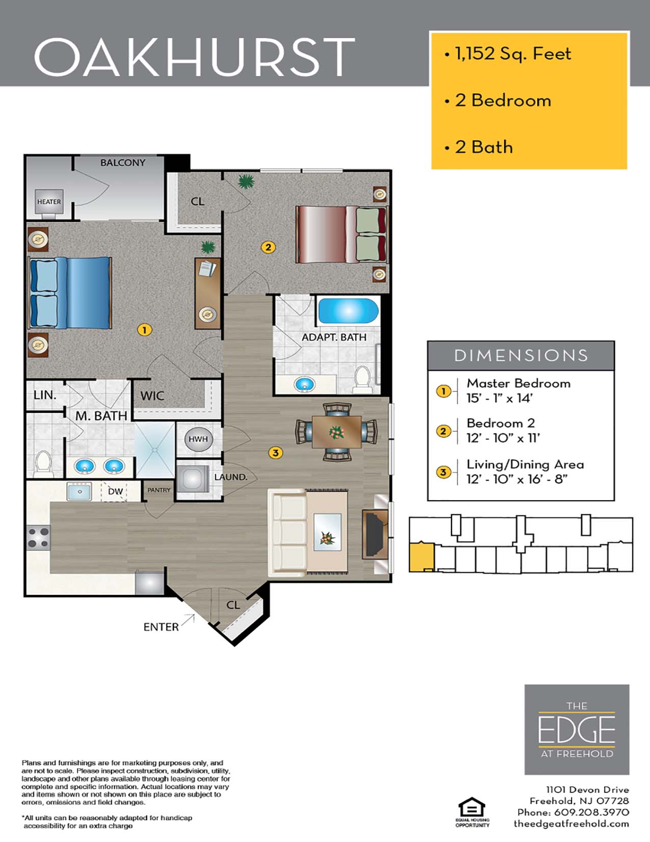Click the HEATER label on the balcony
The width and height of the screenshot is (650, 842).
pos(49,202)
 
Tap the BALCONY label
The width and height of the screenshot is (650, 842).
pos(123,163)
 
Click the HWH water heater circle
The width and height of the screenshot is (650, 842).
pos(198,439)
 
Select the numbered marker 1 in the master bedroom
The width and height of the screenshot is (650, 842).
pos(144,330)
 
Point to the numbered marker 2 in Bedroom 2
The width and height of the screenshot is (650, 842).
pos(268,247)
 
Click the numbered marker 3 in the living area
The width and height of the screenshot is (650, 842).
pos(275,453)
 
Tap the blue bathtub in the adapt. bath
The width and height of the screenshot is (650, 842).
pos(348,310)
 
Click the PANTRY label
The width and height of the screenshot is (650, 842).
pos(159,490)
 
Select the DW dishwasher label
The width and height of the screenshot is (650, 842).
pos(115,491)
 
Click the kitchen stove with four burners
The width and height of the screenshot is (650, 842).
pos(38,537)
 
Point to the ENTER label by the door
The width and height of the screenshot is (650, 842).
pos(161,627)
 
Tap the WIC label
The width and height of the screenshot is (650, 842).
pos(152,396)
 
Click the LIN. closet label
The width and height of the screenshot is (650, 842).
pos(45,395)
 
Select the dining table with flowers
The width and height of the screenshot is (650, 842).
pos(337,432)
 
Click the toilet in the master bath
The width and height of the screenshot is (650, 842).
pos(43,463)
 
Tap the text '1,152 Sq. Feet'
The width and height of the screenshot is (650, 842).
pos(513,54)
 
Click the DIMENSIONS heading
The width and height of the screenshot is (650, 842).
pos(521,356)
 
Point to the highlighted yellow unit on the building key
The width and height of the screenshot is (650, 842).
pos(421,557)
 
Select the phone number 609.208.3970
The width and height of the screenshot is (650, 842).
pos(591,812)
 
